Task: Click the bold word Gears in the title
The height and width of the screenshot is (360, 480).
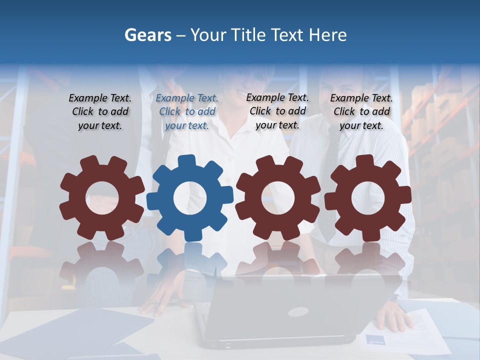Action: point(148,35)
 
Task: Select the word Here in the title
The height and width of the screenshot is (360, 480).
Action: point(327,35)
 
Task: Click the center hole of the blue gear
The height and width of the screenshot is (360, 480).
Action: point(190,198)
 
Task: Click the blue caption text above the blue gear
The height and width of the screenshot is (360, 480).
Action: point(187,112)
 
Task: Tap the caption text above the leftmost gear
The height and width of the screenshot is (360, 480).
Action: point(100,112)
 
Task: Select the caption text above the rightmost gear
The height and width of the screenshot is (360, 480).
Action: point(361,112)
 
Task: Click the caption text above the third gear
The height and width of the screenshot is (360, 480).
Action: point(277,111)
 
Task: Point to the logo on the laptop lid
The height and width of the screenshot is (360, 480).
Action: point(298,312)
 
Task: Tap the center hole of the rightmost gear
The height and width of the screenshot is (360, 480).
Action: point(368,197)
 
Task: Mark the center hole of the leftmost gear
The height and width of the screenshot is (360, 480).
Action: point(102,198)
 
